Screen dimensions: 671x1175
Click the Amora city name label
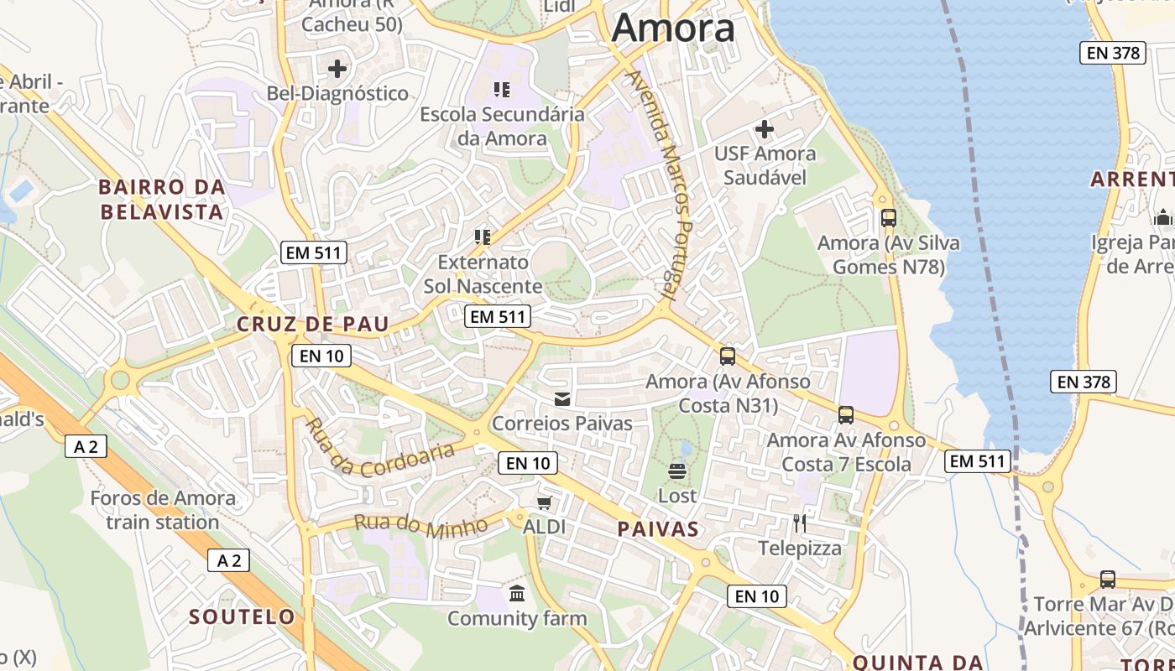point(673,29)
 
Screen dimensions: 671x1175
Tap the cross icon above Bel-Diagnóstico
point(337,69)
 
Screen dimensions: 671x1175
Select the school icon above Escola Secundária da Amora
point(502,90)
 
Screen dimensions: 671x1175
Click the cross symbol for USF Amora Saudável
point(765,129)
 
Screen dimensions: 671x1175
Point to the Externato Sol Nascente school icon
point(483,237)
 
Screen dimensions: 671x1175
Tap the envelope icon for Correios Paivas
point(561,399)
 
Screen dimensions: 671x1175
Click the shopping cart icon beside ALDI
point(545,502)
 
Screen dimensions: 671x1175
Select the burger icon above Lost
point(677,471)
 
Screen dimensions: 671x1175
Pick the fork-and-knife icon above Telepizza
point(800,523)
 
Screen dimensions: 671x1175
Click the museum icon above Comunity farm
point(517,594)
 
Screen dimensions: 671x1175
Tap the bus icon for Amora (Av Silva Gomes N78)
point(889,218)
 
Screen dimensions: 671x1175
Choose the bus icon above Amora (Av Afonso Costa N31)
point(728,356)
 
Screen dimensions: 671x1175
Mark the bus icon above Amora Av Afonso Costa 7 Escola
point(846,415)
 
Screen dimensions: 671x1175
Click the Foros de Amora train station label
point(163,510)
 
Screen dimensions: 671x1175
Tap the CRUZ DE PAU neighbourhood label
point(313,325)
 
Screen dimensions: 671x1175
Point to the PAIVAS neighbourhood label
point(658,529)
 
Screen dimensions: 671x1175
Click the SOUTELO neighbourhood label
point(242,617)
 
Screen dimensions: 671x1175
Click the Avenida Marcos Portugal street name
point(663,185)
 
